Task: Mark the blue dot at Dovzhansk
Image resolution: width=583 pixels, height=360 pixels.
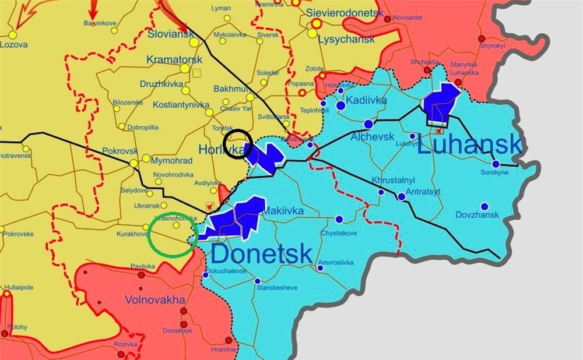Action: tap(484, 206)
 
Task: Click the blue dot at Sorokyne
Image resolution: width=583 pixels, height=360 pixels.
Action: tap(496, 164)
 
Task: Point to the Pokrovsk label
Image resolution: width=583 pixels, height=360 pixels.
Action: tap(120, 151)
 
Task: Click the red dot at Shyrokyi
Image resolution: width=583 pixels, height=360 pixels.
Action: tap(482, 38)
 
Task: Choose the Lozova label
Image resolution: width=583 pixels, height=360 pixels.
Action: tap(13, 44)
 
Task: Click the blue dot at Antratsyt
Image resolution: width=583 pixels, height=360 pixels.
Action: tap(402, 197)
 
